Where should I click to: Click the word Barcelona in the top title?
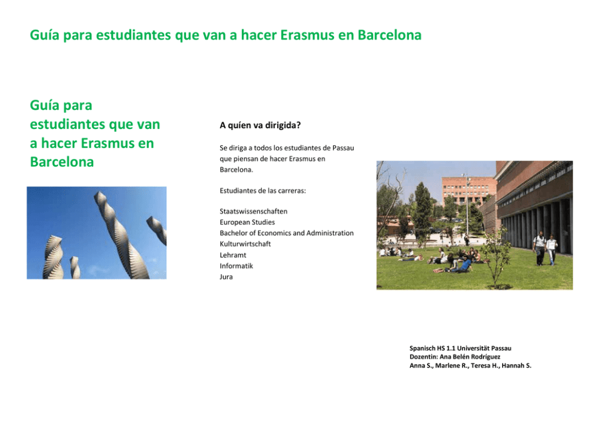[389, 35]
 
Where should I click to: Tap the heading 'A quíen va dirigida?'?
[260, 125]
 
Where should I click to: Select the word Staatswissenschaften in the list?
[254, 211]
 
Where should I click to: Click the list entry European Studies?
[247, 222]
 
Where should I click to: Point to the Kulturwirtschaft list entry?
[245, 244]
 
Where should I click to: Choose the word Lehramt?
[233, 255]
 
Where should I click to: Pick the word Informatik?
[236, 266]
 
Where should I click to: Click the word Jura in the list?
[226, 277]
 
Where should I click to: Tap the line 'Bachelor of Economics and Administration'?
[287, 233]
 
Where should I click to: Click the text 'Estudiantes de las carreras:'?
[263, 191]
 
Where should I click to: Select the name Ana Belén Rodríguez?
[470, 357]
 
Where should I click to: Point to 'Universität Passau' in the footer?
[484, 348]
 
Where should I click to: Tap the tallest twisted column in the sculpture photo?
[121, 234]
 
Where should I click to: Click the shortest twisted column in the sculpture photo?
[75, 267]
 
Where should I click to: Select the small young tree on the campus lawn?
[495, 258]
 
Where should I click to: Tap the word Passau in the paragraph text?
[343, 148]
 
